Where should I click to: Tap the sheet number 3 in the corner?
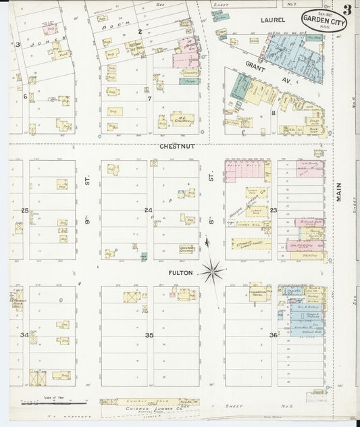(346, 9)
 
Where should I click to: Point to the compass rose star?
(213, 271)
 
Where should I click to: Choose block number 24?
(149, 210)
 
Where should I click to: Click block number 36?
(273, 335)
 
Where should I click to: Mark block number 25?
(25, 211)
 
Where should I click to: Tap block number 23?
(274, 210)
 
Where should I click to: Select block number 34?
(25, 334)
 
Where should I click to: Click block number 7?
(150, 97)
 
